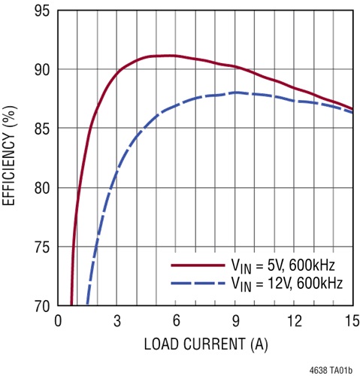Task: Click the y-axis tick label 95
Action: [x=41, y=11]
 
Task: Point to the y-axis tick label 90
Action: [x=41, y=70]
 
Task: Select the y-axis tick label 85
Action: [x=41, y=129]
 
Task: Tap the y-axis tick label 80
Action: [x=41, y=188]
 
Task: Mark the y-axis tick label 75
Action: [x=41, y=247]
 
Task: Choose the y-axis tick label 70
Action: [x=41, y=306]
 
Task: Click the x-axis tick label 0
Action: [x=59, y=322]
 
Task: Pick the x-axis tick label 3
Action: [x=117, y=322]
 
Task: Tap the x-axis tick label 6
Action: [x=176, y=322]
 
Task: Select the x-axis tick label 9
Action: [x=235, y=322]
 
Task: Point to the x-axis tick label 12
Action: [x=294, y=322]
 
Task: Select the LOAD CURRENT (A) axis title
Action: [x=205, y=347]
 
